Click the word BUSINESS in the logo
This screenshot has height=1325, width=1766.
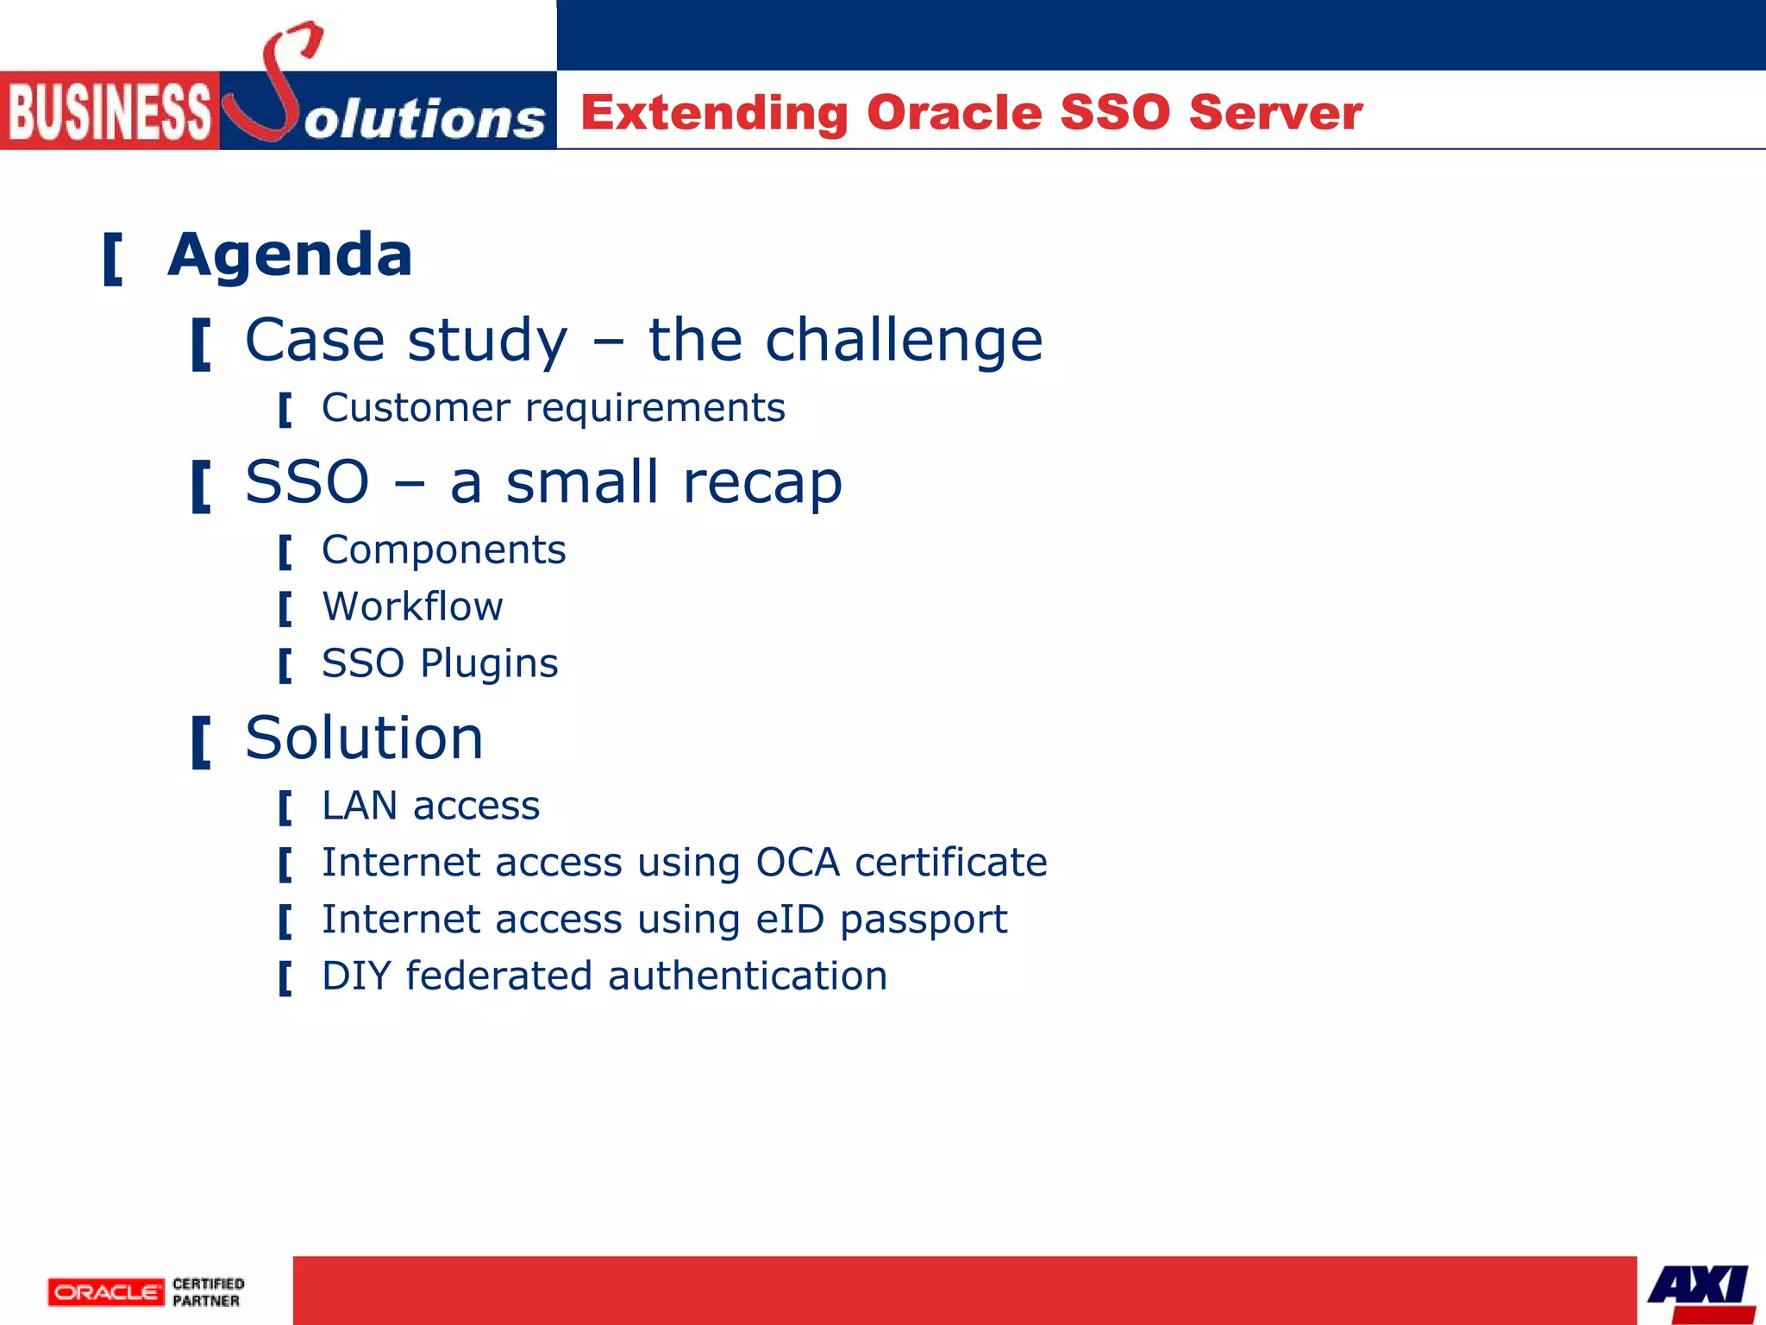[110, 111]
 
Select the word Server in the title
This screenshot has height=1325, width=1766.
[1275, 112]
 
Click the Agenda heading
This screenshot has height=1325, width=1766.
[290, 255]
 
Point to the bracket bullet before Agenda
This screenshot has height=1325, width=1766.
[112, 259]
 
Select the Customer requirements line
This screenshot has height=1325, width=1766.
[553, 407]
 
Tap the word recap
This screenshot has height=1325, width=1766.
[762, 482]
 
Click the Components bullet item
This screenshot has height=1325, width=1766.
[443, 549]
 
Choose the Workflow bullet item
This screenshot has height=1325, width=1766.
[412, 606]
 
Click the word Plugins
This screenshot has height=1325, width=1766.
[489, 663]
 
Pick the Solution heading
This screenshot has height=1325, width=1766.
[364, 738]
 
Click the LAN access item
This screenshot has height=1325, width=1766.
[430, 806]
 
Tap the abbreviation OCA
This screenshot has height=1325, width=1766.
[798, 863]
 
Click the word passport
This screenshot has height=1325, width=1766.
[924, 920]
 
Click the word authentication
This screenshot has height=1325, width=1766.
[747, 976]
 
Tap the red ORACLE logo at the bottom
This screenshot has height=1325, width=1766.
[106, 1291]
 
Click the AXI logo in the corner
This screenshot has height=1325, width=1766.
[1698, 1289]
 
